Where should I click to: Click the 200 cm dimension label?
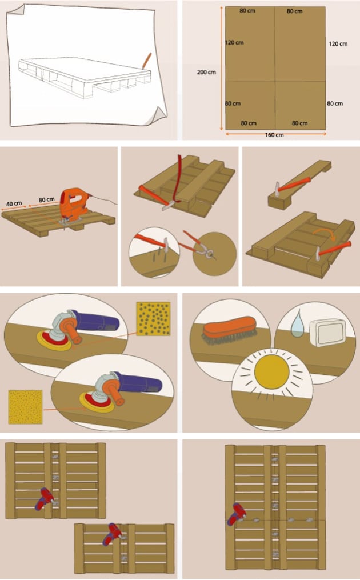pos(207,72)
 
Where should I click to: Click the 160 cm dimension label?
pos(275,135)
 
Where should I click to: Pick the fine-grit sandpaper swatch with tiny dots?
pos(26,407)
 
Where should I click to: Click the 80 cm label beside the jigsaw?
pos(47,199)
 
